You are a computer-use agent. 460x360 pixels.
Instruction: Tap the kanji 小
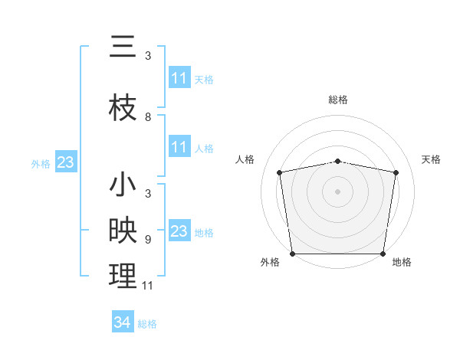(123, 186)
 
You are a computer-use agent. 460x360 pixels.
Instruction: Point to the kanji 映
(123, 231)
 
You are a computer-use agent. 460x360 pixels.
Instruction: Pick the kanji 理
(123, 277)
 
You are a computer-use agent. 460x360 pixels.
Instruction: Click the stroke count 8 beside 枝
(148, 117)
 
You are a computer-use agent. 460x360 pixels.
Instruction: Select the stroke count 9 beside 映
(148, 239)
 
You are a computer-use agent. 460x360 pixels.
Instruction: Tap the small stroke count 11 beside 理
(148, 286)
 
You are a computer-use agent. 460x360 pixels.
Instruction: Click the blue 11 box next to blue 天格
(179, 78)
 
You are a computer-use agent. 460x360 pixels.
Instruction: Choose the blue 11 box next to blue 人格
(179, 147)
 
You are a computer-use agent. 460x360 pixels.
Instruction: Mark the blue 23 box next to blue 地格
(179, 231)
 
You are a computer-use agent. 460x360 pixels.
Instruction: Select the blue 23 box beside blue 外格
(65, 162)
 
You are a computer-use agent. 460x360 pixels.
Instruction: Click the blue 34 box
(122, 322)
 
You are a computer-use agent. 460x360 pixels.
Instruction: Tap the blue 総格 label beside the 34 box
(147, 324)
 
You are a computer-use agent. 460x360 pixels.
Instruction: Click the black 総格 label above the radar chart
(338, 100)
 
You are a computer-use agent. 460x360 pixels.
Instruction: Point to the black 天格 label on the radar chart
(432, 159)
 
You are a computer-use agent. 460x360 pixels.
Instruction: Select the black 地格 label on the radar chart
(402, 263)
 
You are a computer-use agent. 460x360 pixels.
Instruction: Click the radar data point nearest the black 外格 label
(292, 254)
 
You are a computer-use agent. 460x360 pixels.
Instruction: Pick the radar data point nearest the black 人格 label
(280, 172)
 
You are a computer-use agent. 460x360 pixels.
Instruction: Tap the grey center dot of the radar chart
(338, 191)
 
